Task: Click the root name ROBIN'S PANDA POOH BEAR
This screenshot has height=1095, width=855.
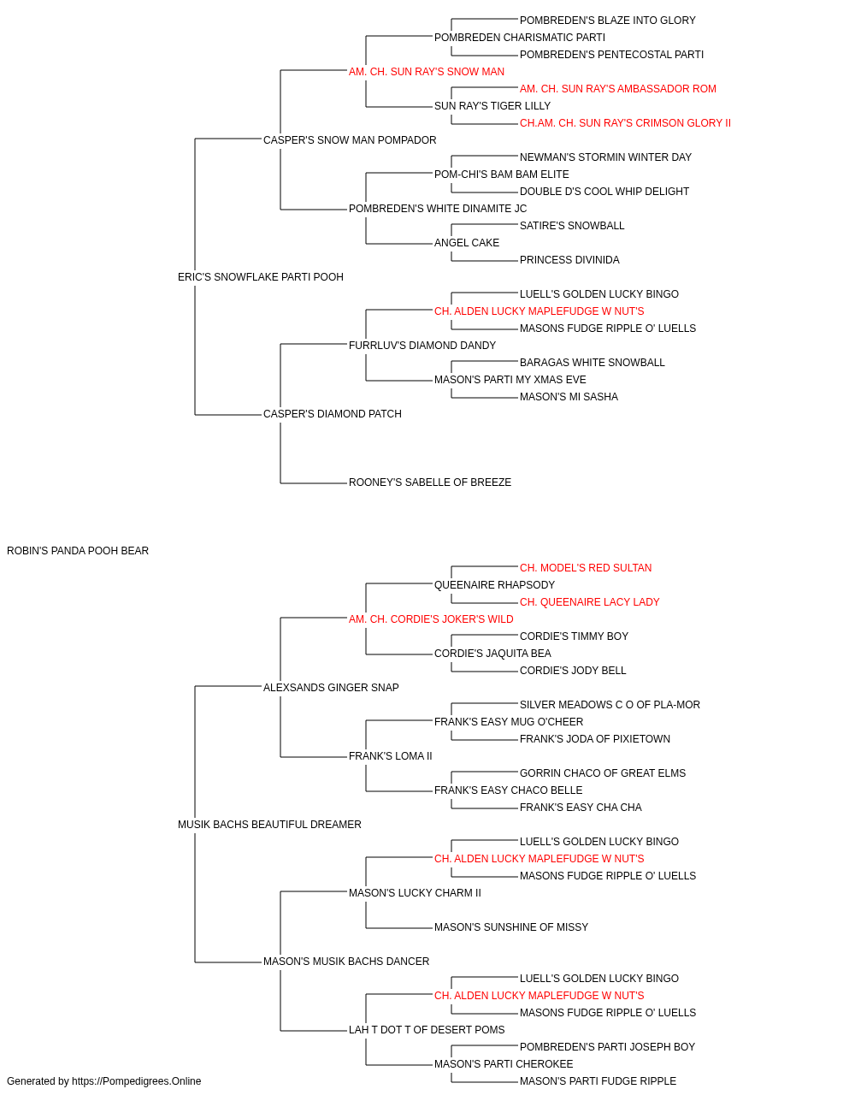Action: (78, 551)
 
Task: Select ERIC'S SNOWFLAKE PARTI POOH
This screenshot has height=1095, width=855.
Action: (260, 277)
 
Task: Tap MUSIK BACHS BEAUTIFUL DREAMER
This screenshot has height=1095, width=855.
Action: (269, 825)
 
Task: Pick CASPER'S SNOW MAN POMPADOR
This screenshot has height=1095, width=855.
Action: (350, 140)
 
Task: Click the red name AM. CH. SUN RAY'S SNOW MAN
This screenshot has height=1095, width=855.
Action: (427, 72)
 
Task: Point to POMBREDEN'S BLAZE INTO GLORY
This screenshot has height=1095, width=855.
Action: (607, 21)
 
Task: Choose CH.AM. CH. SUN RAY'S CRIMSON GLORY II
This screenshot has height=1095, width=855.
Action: (625, 123)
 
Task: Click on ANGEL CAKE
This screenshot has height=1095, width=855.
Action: (467, 243)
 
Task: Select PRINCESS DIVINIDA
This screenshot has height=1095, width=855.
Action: (569, 260)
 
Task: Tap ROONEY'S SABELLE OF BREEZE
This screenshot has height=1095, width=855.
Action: (430, 482)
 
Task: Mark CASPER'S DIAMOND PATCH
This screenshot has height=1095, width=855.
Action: (333, 414)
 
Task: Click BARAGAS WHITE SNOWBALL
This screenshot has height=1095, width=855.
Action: (593, 363)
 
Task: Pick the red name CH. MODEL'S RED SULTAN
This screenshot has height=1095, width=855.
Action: (586, 568)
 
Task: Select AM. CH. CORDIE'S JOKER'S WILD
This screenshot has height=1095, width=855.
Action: (431, 619)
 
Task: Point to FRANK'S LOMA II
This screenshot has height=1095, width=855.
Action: (390, 756)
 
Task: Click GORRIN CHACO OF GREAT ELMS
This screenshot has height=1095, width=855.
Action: (603, 773)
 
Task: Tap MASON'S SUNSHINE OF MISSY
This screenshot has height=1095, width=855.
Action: (511, 927)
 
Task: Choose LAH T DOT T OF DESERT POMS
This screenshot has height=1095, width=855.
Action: (427, 1030)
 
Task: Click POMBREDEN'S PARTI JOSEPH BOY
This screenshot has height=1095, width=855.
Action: (607, 1047)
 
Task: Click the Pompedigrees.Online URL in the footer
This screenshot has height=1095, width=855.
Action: (137, 1081)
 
